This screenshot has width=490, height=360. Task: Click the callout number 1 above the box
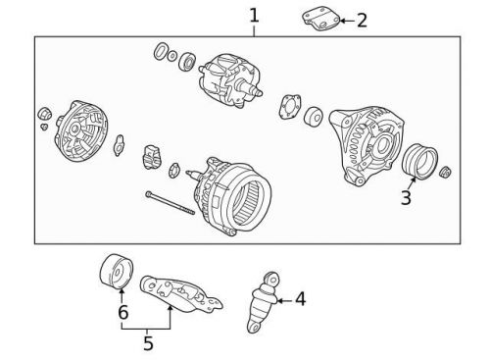254,16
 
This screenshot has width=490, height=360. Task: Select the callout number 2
362,21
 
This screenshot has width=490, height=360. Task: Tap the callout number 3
406,197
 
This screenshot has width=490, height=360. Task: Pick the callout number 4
300,299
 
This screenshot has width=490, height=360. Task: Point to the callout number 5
148,343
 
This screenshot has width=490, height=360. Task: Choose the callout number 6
123,312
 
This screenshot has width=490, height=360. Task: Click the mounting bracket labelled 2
320,20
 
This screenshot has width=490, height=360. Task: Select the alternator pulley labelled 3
419,162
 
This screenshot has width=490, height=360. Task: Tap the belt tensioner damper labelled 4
263,302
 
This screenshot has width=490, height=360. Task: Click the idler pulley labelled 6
117,271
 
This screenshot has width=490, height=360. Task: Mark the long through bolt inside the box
170,203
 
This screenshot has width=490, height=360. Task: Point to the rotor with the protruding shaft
230,80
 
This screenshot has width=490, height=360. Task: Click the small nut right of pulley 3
446,173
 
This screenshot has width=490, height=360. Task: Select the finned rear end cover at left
80,130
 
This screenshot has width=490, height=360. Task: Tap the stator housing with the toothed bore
232,196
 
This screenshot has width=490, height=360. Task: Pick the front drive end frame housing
367,145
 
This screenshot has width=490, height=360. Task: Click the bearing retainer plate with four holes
290,107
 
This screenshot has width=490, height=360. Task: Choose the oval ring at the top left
160,51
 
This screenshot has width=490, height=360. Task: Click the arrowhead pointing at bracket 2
343,21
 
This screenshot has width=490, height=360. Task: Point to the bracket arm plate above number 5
181,293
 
